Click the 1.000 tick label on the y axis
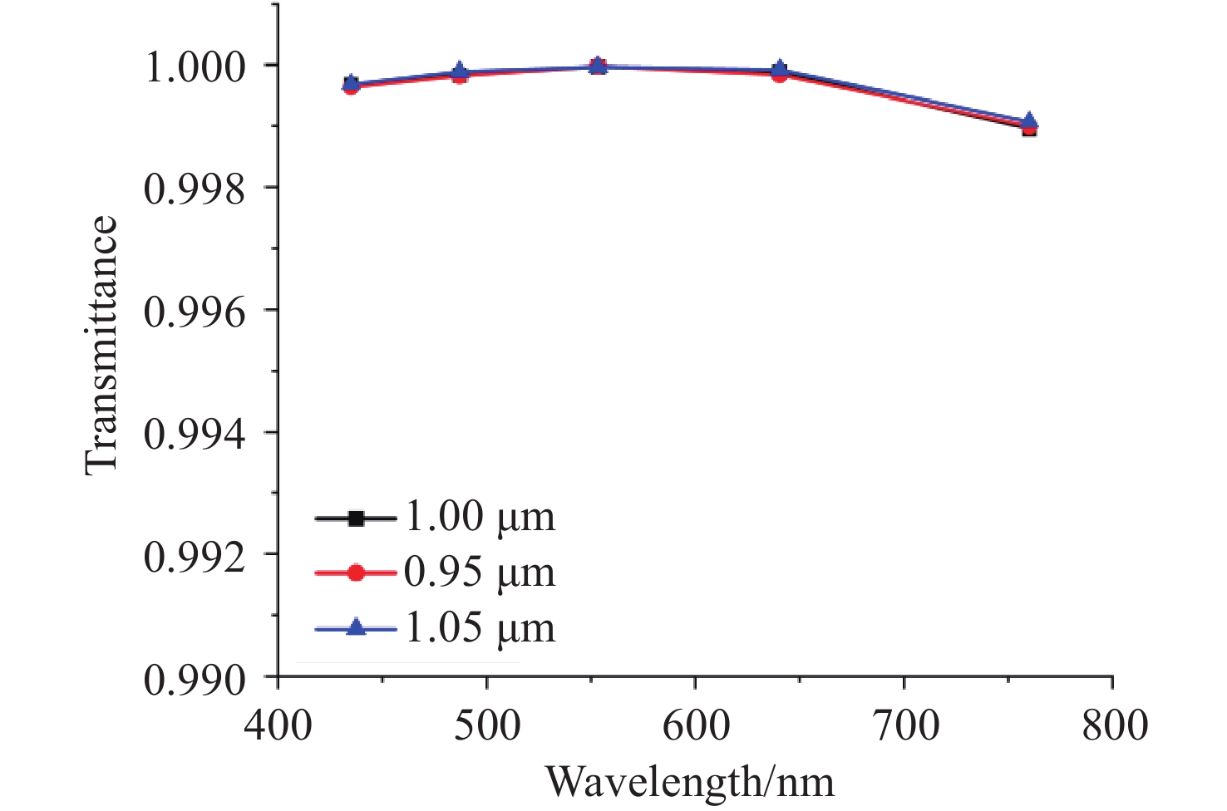pyautogui.click(x=195, y=67)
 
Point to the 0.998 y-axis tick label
pyautogui.click(x=195, y=189)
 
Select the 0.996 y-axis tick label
pyautogui.click(x=195, y=312)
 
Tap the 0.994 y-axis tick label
pyautogui.click(x=195, y=435)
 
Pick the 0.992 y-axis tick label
pyautogui.click(x=195, y=557)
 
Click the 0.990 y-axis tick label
pyautogui.click(x=195, y=680)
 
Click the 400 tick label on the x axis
pyautogui.click(x=278, y=725)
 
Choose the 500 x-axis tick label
pyautogui.click(x=486, y=725)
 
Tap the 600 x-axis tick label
pyautogui.click(x=696, y=725)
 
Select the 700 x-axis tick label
pyautogui.click(x=904, y=725)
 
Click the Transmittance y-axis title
pyautogui.click(x=101, y=345)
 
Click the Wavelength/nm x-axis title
pyautogui.click(x=689, y=782)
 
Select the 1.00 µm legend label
pyautogui.click(x=480, y=517)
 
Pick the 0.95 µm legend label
pyautogui.click(x=480, y=573)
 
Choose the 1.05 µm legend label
pyautogui.click(x=480, y=628)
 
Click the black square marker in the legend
pyautogui.click(x=356, y=519)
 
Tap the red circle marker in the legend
pyautogui.click(x=356, y=573)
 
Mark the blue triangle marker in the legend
pyautogui.click(x=356, y=628)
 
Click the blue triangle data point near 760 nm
pyautogui.click(x=1029, y=121)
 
